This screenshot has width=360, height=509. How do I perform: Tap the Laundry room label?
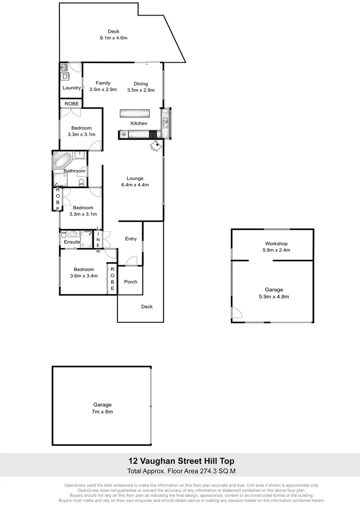coord(72,88)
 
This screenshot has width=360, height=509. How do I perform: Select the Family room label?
coord(103,83)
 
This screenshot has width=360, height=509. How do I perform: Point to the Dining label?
coord(140,84)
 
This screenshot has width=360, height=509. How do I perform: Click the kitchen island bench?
coord(134,114)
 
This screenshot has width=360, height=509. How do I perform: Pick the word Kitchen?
coord(139,123)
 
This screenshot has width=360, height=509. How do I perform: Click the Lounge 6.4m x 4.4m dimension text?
coord(135,185)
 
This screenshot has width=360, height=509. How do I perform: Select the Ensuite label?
coord(72,242)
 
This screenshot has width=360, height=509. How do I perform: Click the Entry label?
coord(131,239)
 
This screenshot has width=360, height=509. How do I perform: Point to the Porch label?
coord(131,282)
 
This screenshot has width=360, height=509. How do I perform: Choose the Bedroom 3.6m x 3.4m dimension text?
coord(83,276)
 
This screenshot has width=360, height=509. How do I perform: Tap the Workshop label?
coord(276,244)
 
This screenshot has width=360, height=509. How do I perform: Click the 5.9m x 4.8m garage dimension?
coord(274,297)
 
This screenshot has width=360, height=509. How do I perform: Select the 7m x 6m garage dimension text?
coord(102,412)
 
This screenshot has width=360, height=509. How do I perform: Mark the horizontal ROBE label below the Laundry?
coord(72,104)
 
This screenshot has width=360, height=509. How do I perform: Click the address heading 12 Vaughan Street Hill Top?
coord(181,461)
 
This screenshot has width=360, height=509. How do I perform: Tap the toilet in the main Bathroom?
coord(81,182)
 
